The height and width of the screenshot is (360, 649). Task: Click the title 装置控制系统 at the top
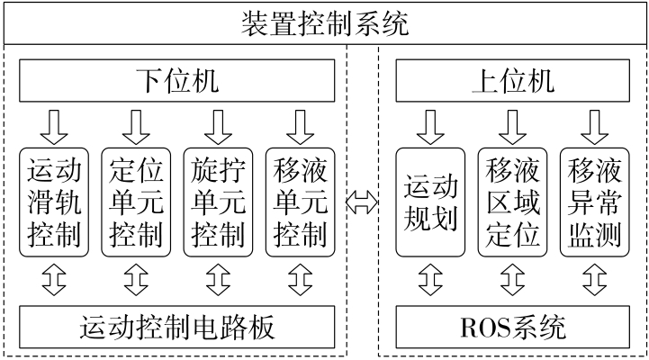pos(324,22)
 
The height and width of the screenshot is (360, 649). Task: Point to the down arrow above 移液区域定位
pos(512,125)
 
